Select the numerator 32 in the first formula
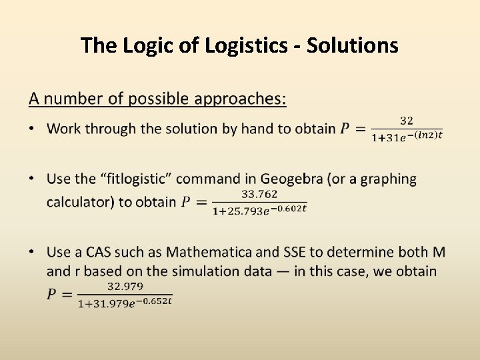tap(407, 121)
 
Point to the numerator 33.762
tap(259, 194)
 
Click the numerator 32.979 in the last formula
tap(124, 286)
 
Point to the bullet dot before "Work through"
tap(33, 129)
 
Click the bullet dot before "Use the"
tap(33, 179)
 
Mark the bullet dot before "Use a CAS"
tap(33, 252)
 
